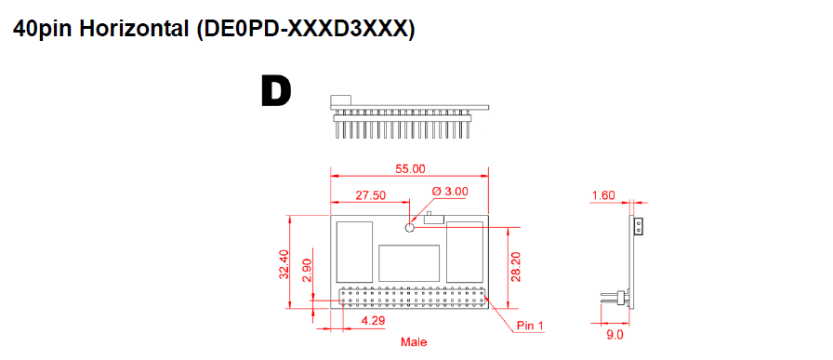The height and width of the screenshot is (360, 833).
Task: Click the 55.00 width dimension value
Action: click(x=410, y=169)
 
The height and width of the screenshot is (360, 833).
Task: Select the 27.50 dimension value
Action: click(x=370, y=195)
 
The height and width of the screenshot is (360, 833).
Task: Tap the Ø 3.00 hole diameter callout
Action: click(x=450, y=192)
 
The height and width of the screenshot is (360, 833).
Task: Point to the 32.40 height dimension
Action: click(x=284, y=264)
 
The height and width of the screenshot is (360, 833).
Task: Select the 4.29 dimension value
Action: click(x=373, y=321)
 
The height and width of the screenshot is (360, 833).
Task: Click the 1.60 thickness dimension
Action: click(x=603, y=195)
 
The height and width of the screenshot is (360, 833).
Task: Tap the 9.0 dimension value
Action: click(x=615, y=335)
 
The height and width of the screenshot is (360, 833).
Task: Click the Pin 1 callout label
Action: click(x=529, y=326)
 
